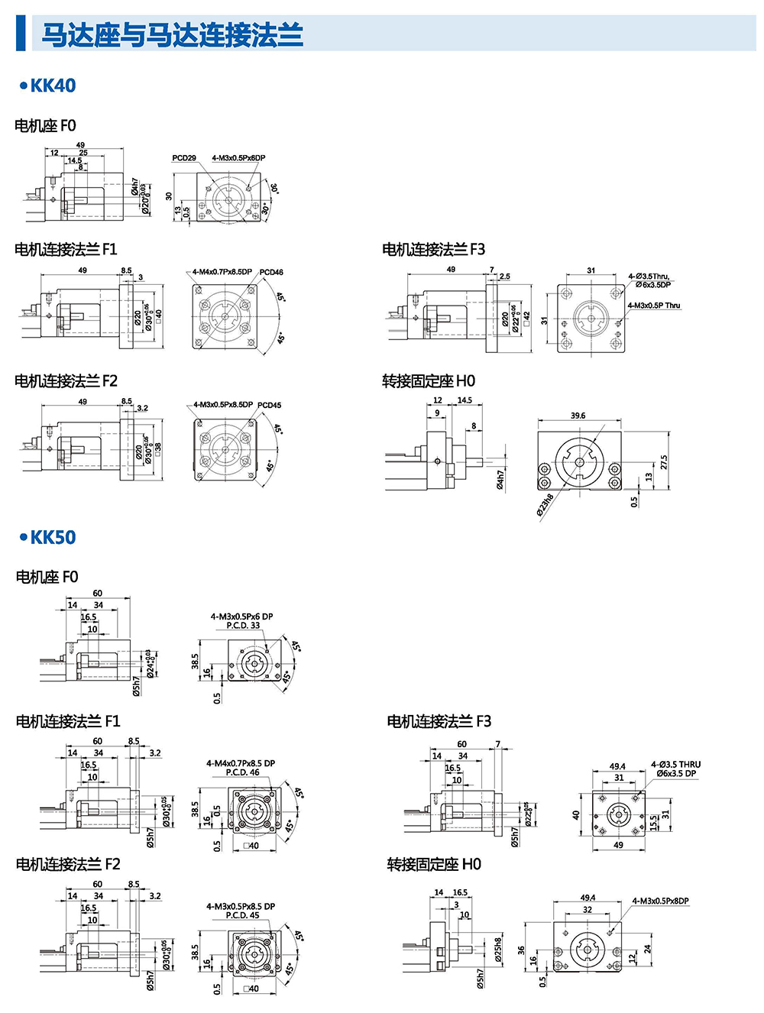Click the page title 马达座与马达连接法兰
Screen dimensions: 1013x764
[172, 35]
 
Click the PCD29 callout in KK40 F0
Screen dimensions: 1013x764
[184, 158]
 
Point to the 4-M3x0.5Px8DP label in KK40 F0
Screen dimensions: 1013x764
[238, 158]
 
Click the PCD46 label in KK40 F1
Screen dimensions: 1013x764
[271, 272]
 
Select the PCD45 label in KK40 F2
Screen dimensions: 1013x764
[269, 405]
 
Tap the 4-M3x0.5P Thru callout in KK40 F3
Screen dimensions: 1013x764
[653, 306]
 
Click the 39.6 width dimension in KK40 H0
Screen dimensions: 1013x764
[578, 416]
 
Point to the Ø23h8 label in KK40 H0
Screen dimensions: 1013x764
[545, 506]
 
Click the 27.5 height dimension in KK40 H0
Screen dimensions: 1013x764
[664, 463]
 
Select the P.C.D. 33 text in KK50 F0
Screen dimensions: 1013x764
[243, 626]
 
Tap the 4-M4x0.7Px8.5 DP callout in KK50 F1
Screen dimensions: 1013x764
[241, 763]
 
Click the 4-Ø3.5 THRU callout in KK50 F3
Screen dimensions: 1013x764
[675, 764]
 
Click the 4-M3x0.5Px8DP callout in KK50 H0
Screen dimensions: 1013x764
[660, 901]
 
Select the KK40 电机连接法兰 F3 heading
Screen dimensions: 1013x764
[433, 249]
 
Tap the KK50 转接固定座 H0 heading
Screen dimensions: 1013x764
[433, 864]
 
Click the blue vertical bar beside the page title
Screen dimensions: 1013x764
[21, 34]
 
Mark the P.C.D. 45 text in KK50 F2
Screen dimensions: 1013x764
[242, 915]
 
